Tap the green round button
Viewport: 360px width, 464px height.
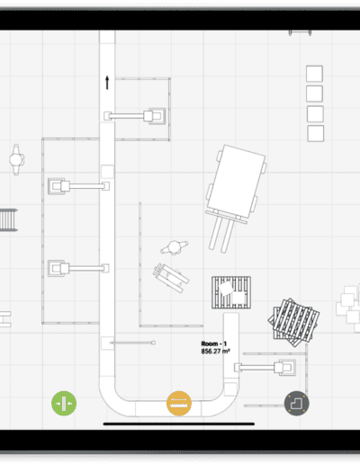(64, 403)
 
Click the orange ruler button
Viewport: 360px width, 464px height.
(179, 404)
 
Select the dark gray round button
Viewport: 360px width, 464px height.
(297, 404)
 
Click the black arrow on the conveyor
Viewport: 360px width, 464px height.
(107, 83)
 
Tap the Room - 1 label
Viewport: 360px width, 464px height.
(214, 344)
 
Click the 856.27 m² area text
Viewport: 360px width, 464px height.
(215, 351)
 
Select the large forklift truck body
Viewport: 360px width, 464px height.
(236, 182)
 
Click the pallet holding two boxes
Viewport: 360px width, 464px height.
(231, 292)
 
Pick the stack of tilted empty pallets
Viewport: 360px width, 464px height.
(293, 322)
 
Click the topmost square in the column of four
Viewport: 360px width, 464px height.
(314, 74)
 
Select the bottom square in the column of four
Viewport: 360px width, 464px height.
(316, 133)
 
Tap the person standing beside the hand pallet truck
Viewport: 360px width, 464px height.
(175, 247)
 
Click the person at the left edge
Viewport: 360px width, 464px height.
(16, 159)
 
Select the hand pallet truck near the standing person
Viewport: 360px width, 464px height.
(171, 278)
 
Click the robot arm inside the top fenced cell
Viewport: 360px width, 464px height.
(135, 116)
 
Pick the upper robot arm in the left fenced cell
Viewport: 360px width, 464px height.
(78, 186)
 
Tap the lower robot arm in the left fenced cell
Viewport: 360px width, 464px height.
(78, 268)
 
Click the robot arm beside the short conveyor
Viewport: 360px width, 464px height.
(265, 368)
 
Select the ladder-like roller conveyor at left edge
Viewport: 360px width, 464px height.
(8, 220)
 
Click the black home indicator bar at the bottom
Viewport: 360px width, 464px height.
(179, 424)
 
